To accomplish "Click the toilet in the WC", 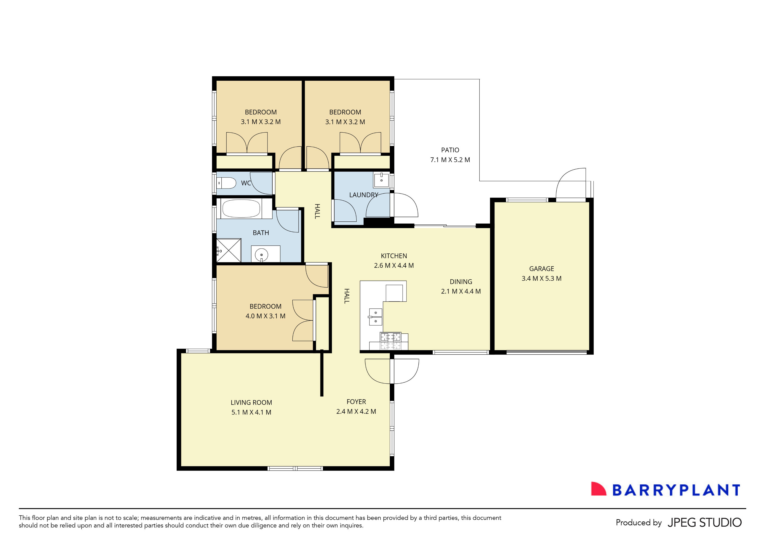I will click(227, 183).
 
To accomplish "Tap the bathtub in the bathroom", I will click(241, 209).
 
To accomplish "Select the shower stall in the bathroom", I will click(229, 250).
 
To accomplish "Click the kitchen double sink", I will click(375, 317).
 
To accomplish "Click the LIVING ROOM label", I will click(251, 402).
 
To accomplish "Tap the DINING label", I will click(461, 282).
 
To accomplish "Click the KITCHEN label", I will click(394, 256).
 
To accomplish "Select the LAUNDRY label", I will click(363, 195).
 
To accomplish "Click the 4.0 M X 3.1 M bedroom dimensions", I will click(265, 316).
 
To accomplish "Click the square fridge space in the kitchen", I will click(394, 293).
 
